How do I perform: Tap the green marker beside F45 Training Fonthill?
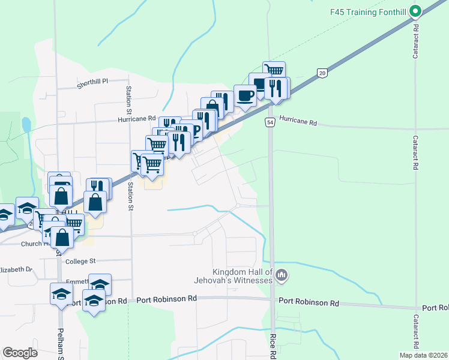coord(415,11)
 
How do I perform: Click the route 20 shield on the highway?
coord(322,73)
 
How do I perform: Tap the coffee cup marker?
coord(245,95)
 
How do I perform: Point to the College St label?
coord(80,261)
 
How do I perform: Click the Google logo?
coord(20,353)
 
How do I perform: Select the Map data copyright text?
coord(423,355)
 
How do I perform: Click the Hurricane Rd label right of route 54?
coord(298,122)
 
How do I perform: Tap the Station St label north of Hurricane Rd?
coord(128,99)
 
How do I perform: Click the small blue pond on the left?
coord(26,125)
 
